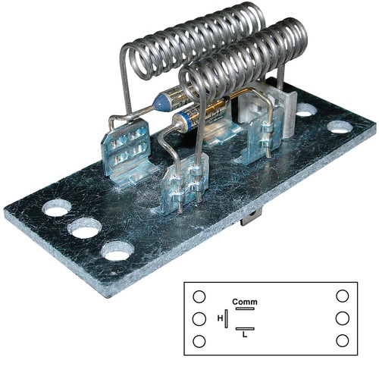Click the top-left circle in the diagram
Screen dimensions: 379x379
click(x=199, y=296)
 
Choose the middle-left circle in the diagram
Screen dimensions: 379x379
click(x=199, y=318)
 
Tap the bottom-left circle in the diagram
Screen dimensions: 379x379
click(x=199, y=341)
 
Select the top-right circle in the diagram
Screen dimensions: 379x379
click(x=343, y=296)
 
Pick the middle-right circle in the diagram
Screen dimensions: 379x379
click(x=343, y=318)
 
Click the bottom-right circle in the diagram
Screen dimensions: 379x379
click(x=343, y=341)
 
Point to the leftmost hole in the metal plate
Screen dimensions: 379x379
click(x=55, y=206)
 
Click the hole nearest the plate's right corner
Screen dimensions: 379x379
click(x=340, y=127)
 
